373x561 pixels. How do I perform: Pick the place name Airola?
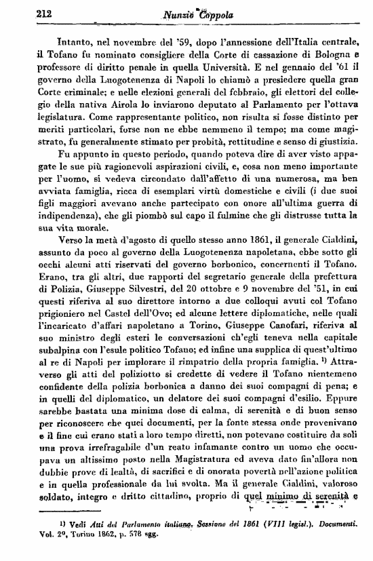click(x=111, y=93)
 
